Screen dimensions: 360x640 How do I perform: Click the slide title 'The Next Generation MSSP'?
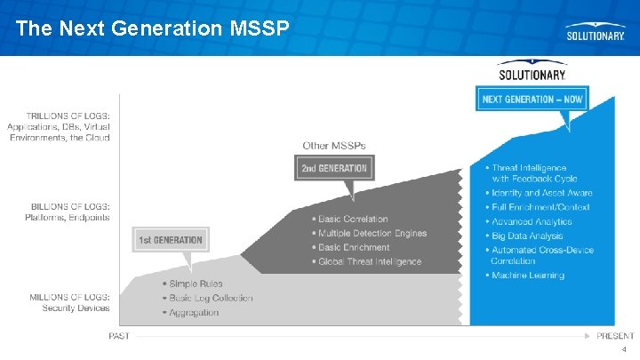pos(152,28)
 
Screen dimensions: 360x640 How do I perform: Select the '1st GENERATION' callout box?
pos(171,239)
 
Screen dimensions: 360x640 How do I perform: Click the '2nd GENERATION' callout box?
pos(334,168)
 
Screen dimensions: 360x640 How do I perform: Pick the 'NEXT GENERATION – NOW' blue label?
pos(532,99)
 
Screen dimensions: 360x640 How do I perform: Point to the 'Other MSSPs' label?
pos(333,145)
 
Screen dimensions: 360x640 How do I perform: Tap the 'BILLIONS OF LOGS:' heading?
pos(70,206)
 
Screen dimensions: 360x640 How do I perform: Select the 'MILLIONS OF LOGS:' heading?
pos(70,297)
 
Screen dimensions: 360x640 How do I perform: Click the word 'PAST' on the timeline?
pos(120,336)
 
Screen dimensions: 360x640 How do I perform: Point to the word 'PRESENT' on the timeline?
pos(615,336)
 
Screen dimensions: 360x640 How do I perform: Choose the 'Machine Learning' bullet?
pos(527,276)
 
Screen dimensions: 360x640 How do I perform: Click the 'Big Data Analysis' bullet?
pos(527,236)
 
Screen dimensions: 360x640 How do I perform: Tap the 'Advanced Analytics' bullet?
pos(532,221)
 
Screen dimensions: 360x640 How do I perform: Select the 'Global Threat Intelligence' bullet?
pos(369,261)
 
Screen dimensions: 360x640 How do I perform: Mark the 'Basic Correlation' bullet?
pos(353,219)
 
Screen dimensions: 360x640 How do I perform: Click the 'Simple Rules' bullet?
pos(196,284)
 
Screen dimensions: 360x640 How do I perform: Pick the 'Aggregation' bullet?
pos(193,312)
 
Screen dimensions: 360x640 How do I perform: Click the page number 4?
pos(625,350)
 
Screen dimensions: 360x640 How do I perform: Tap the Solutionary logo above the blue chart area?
pos(532,73)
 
